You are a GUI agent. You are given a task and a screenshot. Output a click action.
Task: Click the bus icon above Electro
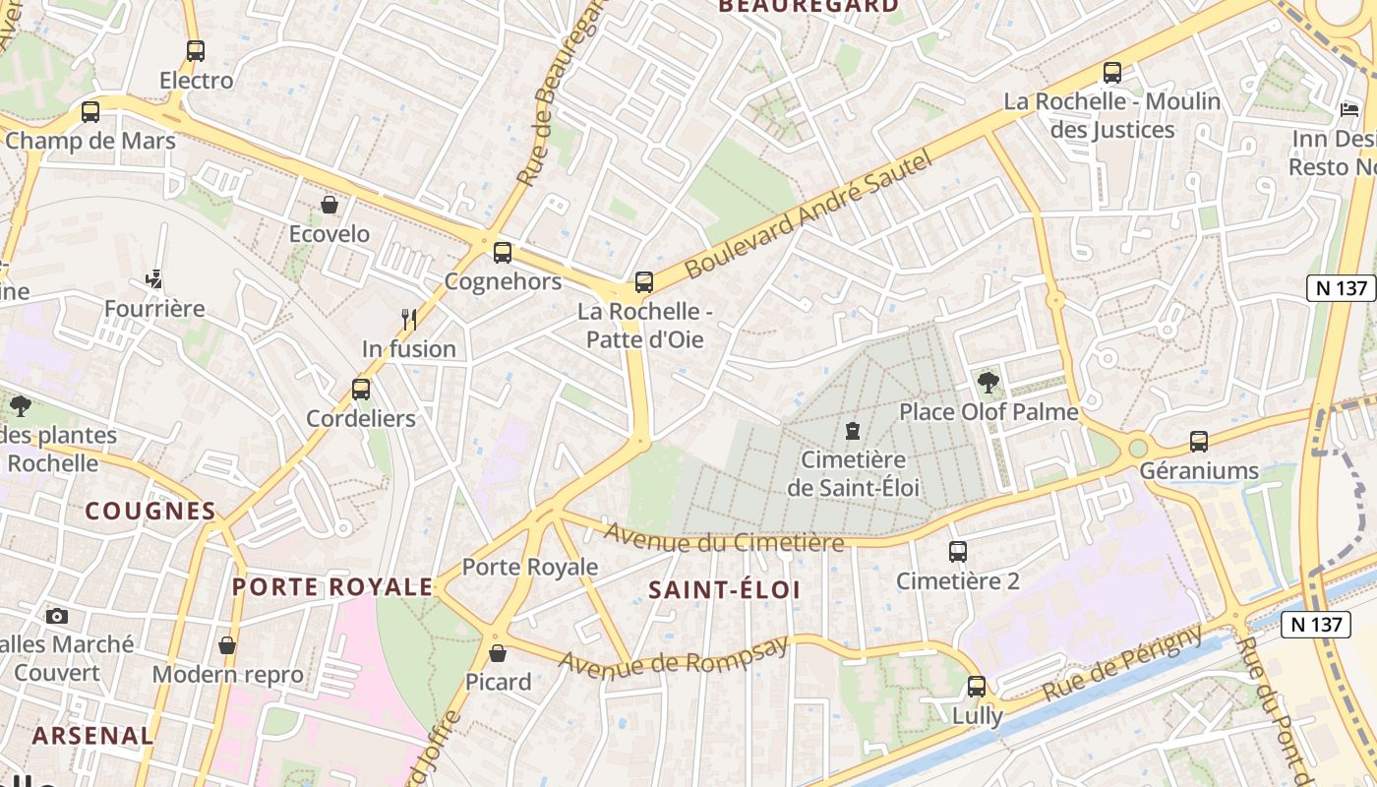(196, 50)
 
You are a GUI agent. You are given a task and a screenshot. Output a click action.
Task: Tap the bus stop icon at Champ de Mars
(90, 111)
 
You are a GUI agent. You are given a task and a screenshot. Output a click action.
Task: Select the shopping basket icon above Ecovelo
(329, 205)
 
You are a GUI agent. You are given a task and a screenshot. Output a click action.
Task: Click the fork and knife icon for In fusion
(409, 319)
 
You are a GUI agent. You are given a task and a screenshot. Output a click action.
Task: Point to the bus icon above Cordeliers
(361, 389)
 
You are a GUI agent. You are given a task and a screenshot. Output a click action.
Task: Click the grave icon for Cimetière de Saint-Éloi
(853, 430)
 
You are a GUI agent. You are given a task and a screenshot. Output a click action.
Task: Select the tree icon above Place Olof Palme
(988, 382)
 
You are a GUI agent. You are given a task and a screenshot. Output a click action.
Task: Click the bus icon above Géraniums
(1198, 441)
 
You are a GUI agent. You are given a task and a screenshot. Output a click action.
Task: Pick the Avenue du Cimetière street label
(724, 538)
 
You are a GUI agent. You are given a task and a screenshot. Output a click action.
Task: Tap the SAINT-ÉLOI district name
(724, 590)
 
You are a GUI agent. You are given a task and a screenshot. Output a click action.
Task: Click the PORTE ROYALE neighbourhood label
(331, 587)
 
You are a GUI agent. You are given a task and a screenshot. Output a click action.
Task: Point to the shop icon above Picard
(498, 652)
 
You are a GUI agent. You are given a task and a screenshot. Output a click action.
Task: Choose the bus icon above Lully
(976, 686)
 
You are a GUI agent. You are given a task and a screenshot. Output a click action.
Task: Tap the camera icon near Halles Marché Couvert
(57, 616)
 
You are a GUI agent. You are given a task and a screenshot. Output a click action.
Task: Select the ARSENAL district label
(92, 735)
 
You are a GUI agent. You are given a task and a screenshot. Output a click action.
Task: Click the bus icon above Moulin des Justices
(1111, 72)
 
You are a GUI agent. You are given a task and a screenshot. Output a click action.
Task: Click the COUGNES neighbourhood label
(150, 511)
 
